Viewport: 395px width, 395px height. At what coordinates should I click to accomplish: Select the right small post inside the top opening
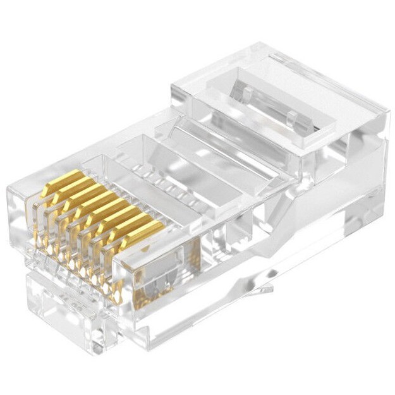(293, 117)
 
